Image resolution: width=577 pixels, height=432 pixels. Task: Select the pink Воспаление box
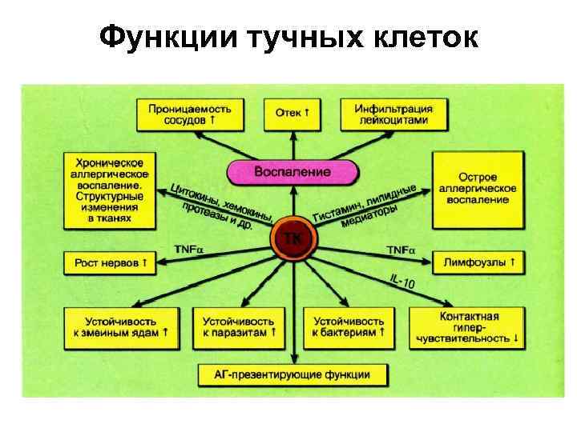click(x=292, y=171)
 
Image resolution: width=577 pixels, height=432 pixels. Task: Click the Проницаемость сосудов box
click(x=189, y=114)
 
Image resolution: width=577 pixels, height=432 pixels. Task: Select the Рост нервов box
click(x=111, y=262)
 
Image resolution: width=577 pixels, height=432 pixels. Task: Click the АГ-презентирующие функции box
click(x=292, y=374)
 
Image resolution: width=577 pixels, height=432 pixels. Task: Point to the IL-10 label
click(x=402, y=281)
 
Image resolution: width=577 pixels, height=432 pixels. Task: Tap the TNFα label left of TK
click(x=189, y=250)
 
